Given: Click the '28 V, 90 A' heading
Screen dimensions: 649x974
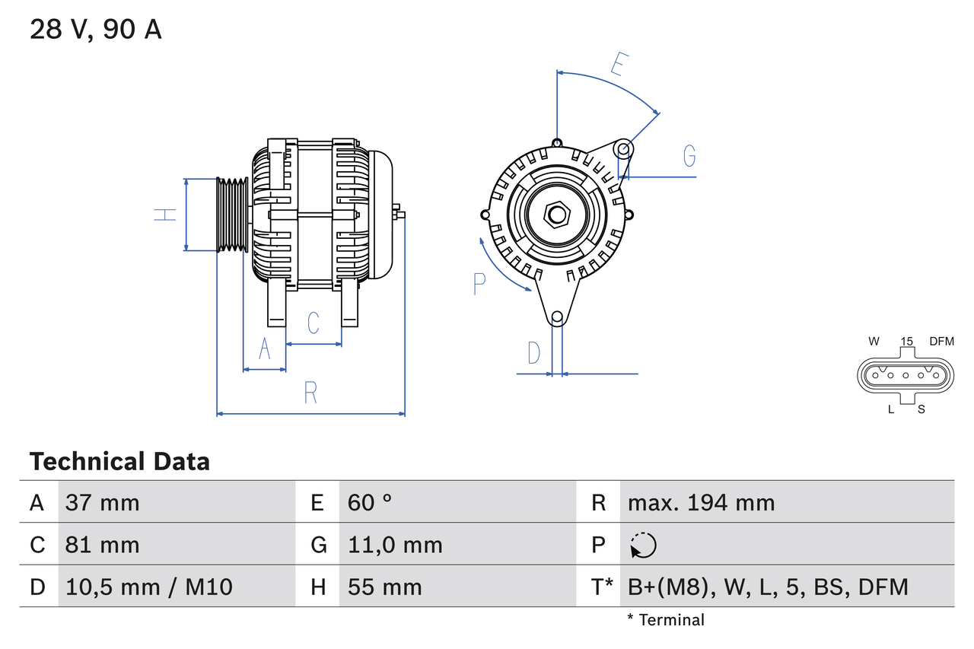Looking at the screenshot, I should pyautogui.click(x=95, y=29).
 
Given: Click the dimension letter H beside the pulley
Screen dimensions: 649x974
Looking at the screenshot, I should pyautogui.click(x=165, y=215).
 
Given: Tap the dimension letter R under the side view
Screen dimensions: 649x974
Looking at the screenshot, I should pyautogui.click(x=310, y=393).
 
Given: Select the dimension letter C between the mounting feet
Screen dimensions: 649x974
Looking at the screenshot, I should pyautogui.click(x=314, y=323).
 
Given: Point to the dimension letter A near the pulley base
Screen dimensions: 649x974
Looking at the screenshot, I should pyautogui.click(x=265, y=348).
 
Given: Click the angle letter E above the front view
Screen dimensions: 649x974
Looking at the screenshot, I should pyautogui.click(x=619, y=65).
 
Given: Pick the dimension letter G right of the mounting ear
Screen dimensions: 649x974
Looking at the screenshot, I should pyautogui.click(x=689, y=155).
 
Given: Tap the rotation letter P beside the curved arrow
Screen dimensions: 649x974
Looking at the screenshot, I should pyautogui.click(x=479, y=284).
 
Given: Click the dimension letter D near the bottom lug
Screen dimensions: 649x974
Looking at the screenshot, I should pyautogui.click(x=534, y=353).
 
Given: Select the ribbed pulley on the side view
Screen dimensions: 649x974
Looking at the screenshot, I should pyautogui.click(x=233, y=215).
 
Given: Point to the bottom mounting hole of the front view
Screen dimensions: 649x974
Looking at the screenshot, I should pyautogui.click(x=557, y=317).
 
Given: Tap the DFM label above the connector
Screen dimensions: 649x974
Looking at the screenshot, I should pyautogui.click(x=941, y=342).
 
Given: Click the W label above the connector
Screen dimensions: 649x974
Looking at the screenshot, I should pyautogui.click(x=874, y=342).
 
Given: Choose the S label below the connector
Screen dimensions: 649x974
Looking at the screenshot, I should pyautogui.click(x=921, y=409).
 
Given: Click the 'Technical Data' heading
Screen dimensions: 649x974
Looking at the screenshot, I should pyautogui.click(x=119, y=461).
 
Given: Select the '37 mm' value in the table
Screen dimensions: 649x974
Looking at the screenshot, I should pyautogui.click(x=103, y=502).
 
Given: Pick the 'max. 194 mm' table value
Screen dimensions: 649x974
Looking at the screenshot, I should pyautogui.click(x=701, y=502).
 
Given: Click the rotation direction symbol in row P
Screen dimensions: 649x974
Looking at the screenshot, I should pyautogui.click(x=643, y=545).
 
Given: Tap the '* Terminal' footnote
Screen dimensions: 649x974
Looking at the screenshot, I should pyautogui.click(x=666, y=620).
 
